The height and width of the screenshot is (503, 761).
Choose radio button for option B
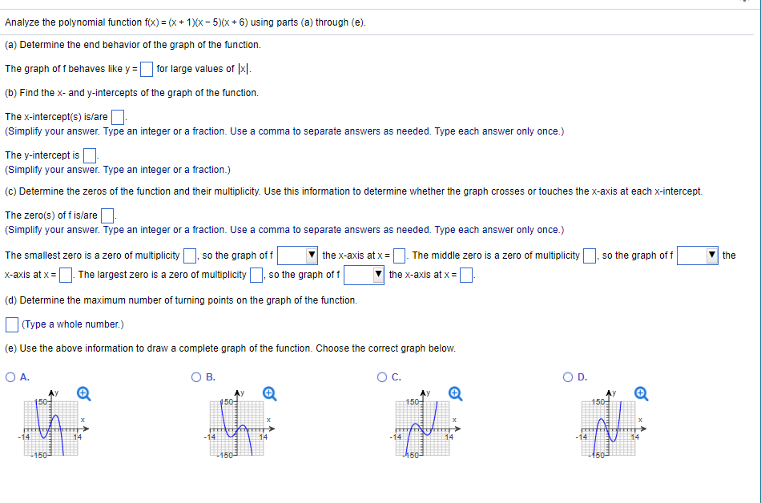coord(196,377)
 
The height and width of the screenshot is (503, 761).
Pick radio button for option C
coord(385,377)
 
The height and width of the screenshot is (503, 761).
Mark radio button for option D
coord(570,377)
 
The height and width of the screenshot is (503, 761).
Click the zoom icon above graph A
coord(83,393)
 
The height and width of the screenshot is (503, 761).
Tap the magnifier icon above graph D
coord(642,393)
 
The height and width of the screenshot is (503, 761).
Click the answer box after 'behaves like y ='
coord(147,69)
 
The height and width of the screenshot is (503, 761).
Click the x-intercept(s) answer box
coord(117,118)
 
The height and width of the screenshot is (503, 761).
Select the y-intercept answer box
coord(90,155)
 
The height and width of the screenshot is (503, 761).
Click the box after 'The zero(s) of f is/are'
coord(107,215)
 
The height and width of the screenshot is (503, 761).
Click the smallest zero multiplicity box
coord(190,256)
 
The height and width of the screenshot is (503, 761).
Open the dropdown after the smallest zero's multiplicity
coord(298,256)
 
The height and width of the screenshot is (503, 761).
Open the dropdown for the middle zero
coord(697,256)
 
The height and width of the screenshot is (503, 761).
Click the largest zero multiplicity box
coord(256,276)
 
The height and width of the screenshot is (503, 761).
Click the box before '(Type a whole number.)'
coord(12,324)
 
